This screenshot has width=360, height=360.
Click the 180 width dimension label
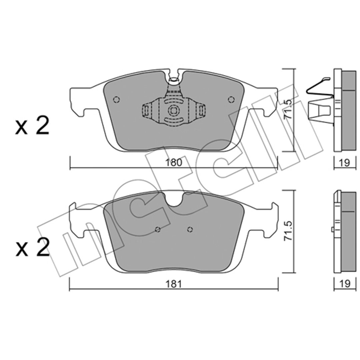pos(174,162)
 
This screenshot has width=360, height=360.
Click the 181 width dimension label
pos(174,284)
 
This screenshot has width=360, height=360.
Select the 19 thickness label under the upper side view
pos(345,163)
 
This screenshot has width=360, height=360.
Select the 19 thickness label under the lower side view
pos(345,284)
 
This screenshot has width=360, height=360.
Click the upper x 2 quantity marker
pos(32,126)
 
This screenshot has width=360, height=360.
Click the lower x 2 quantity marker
pos(32,247)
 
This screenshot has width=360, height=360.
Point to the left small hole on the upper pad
pos(117,100)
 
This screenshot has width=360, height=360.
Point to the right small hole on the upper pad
pos(231,100)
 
